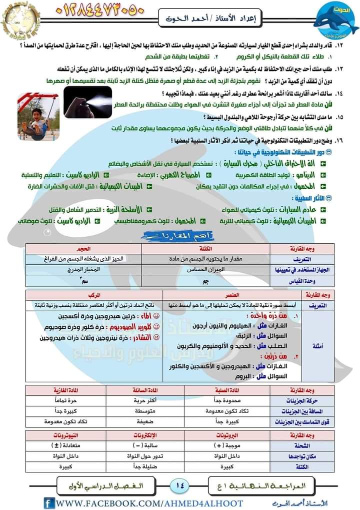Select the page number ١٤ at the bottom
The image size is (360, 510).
tap(180, 484)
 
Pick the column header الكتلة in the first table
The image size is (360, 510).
tap(206, 248)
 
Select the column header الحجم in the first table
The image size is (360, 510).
tap(83, 248)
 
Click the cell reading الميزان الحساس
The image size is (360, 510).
tap(205, 269)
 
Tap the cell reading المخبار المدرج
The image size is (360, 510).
tap(83, 269)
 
